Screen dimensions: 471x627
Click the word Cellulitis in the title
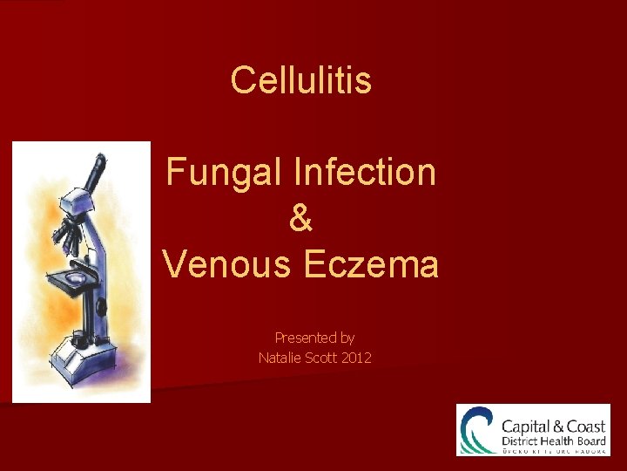(301, 81)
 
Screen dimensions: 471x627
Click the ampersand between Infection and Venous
(300, 218)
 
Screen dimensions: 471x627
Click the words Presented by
(314, 338)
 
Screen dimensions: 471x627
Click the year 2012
(357, 358)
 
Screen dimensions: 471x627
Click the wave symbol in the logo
(478, 429)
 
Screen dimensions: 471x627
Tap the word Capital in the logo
(526, 427)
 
